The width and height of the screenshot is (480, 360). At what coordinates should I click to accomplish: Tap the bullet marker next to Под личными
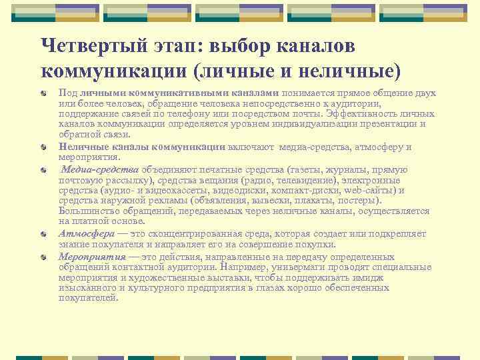pos(43,94)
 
